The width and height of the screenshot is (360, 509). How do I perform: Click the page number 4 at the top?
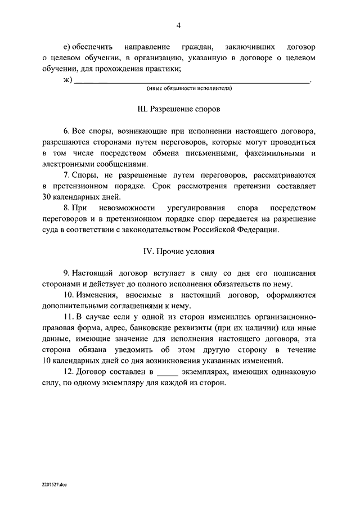click(x=179, y=25)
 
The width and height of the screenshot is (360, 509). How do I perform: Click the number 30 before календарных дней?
click(x=48, y=197)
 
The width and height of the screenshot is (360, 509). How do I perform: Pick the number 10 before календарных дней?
click(x=48, y=361)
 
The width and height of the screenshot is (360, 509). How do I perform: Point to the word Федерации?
click(x=259, y=229)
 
